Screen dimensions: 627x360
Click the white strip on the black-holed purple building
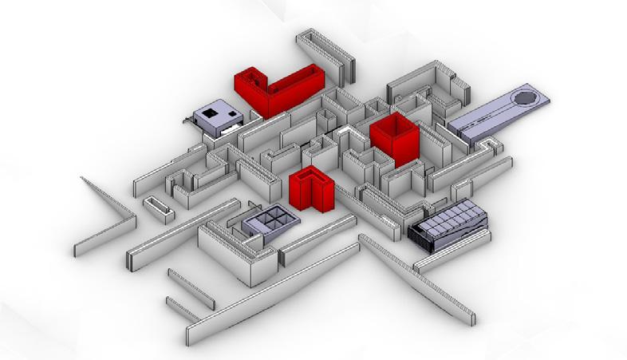(x=231, y=126)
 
